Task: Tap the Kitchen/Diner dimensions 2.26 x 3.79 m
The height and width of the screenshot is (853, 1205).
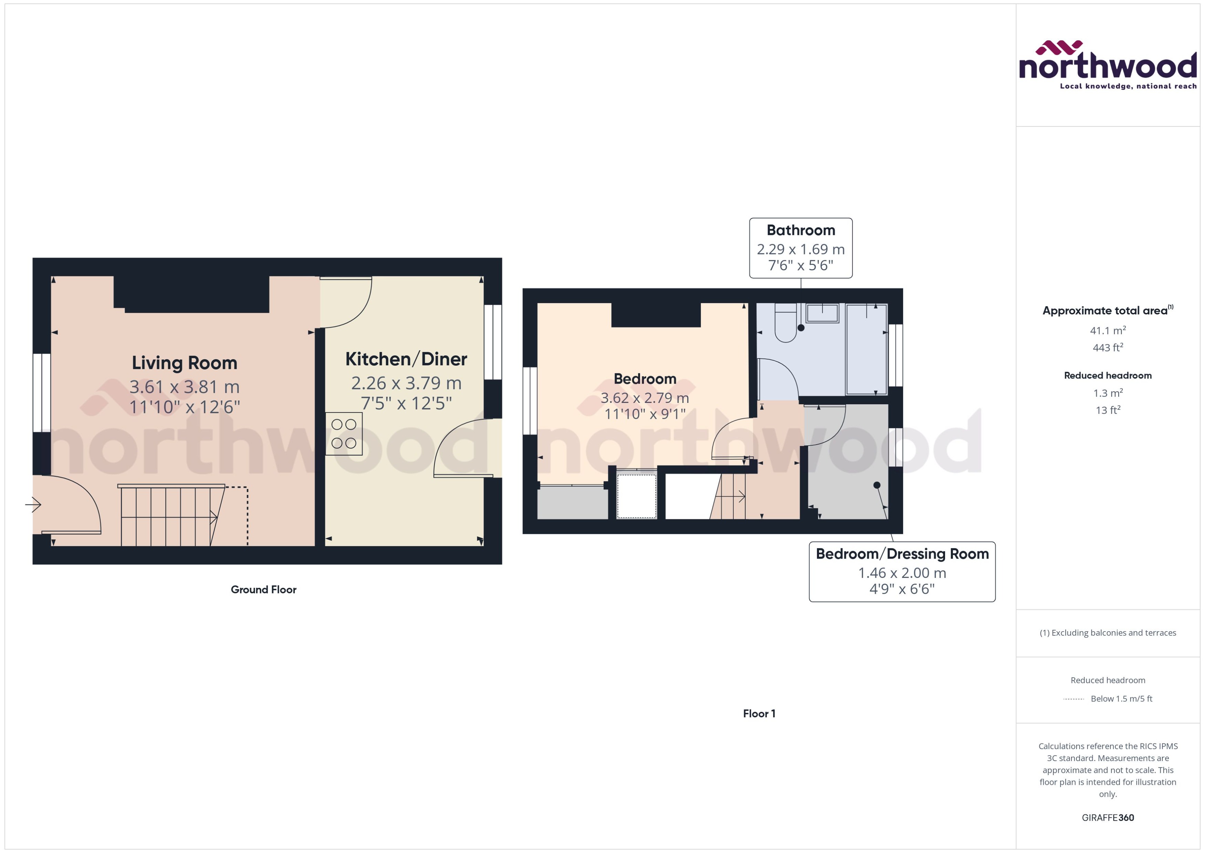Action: (406, 383)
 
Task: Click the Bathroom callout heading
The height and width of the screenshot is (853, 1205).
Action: (801, 230)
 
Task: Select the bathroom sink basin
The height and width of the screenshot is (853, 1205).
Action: (822, 314)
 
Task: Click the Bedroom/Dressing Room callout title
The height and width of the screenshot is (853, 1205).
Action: (902, 554)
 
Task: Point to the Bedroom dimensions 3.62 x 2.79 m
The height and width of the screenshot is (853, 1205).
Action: (645, 398)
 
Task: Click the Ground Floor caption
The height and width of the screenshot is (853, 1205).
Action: (264, 589)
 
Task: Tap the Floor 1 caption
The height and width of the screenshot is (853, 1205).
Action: (759, 713)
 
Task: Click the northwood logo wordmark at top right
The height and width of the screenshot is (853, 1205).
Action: (1108, 67)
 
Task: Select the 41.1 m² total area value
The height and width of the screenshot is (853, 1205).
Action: (1108, 330)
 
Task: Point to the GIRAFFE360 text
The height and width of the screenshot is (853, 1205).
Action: (1108, 817)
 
